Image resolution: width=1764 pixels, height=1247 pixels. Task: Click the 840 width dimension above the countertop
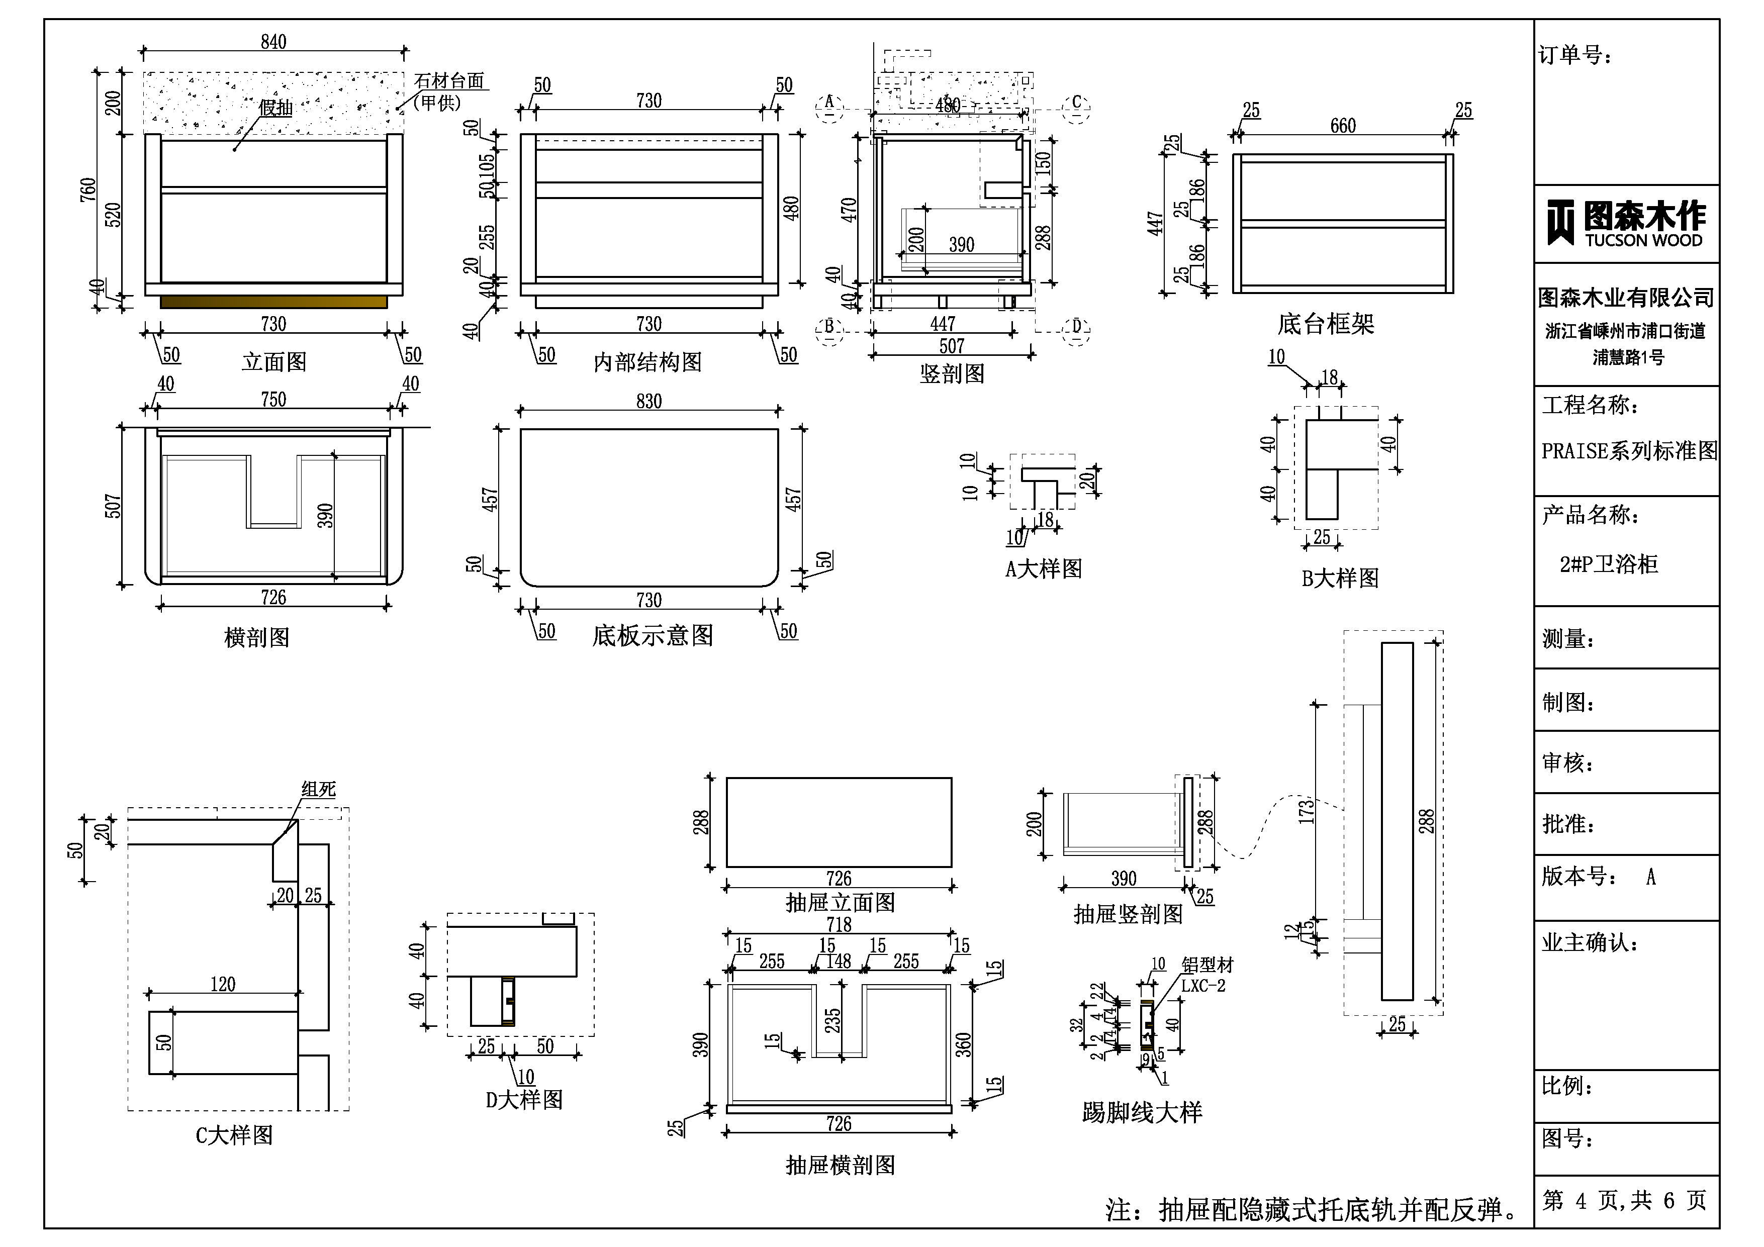point(273,42)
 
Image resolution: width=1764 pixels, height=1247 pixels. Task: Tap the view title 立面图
point(274,362)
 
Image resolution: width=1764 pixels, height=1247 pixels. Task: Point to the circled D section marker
point(1076,327)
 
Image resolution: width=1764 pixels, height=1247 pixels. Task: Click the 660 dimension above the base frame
point(1343,126)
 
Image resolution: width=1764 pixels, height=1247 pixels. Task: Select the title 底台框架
point(1325,324)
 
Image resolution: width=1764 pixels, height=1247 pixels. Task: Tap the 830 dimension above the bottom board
point(648,401)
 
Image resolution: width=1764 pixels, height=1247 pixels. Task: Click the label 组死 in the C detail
point(318,789)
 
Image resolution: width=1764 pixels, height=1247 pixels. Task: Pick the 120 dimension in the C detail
point(223,984)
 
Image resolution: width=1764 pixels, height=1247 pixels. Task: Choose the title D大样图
point(524,1099)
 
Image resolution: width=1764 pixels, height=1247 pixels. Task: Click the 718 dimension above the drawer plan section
point(839,924)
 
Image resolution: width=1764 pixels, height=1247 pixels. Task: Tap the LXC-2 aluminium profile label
point(1202,986)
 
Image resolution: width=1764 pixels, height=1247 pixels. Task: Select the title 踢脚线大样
point(1142,1112)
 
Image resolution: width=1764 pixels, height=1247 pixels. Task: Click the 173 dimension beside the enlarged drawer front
point(1306,811)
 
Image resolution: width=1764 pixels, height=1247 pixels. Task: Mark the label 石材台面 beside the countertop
point(449,81)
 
